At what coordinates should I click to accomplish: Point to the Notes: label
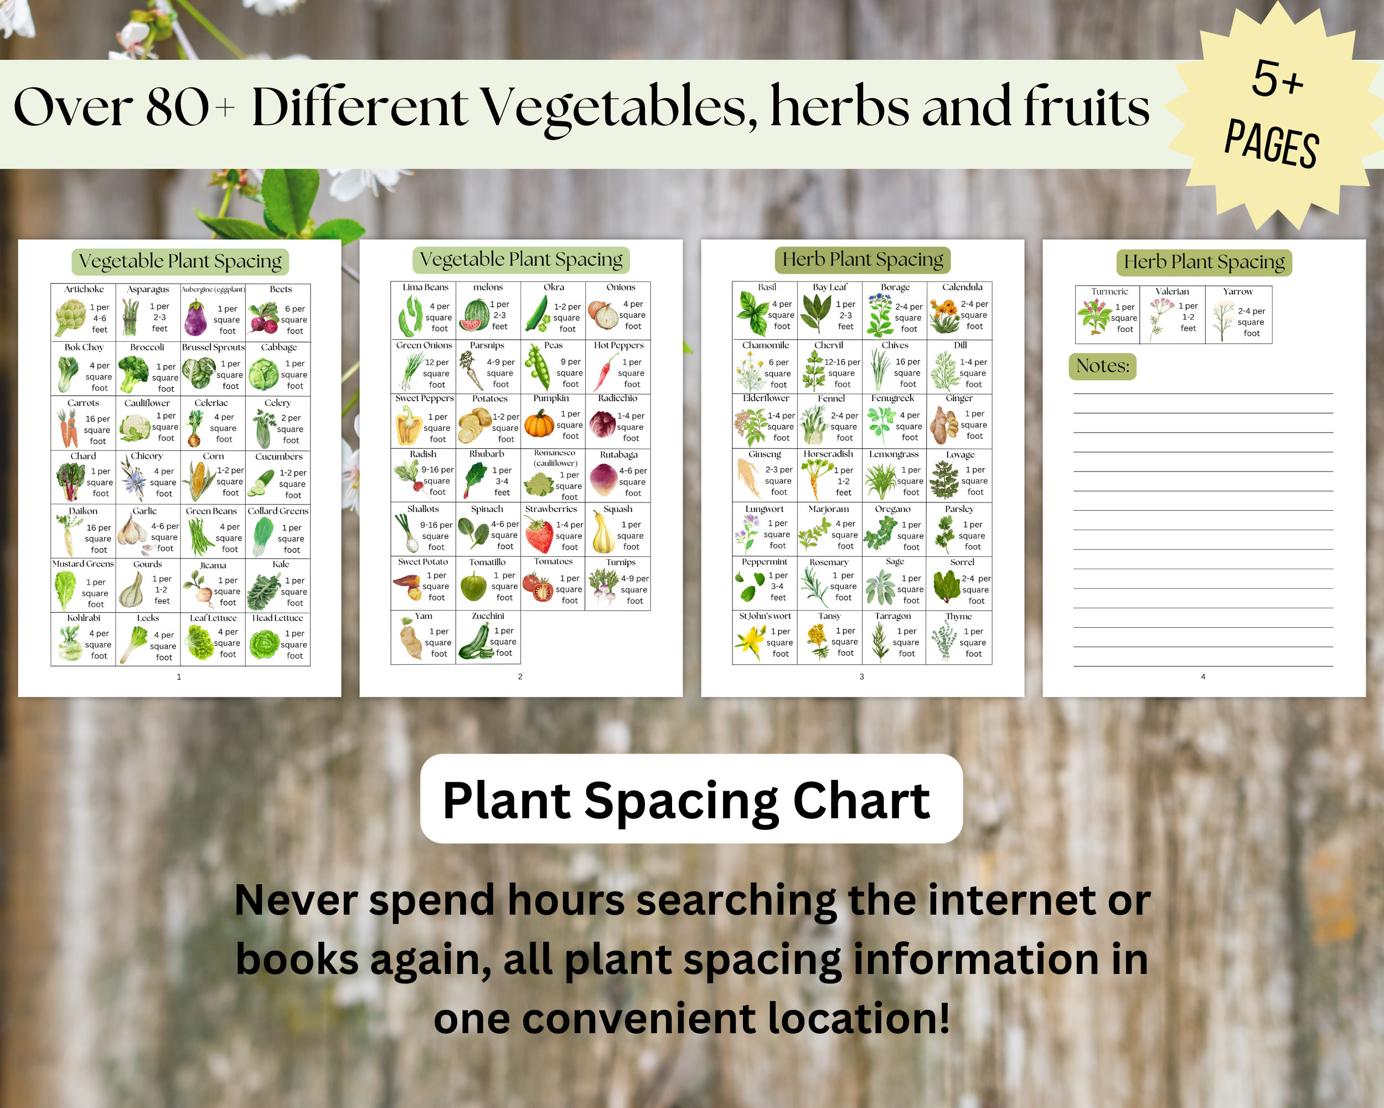[x=1102, y=366]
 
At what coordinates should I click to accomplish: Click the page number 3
[x=861, y=676]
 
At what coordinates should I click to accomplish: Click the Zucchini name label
[x=488, y=616]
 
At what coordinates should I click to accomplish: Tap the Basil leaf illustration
[x=752, y=314]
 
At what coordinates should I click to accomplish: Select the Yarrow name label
[x=1238, y=291]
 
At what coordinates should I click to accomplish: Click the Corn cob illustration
[x=199, y=480]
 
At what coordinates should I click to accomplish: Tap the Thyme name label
[x=958, y=617]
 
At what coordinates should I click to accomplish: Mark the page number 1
[x=178, y=676]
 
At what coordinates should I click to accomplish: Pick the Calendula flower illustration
[x=944, y=316]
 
